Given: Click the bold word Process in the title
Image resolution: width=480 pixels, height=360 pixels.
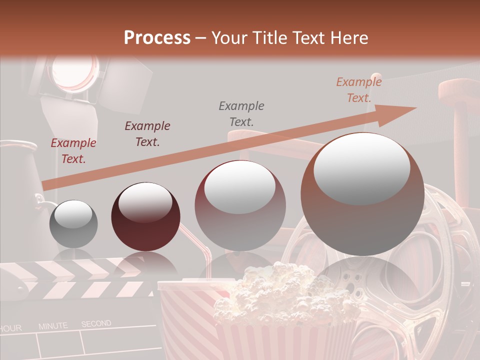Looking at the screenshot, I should pos(157,37).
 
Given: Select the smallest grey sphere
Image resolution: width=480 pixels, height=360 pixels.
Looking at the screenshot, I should pos(73,224).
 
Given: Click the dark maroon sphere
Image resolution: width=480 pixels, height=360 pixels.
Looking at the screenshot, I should pos(142,216).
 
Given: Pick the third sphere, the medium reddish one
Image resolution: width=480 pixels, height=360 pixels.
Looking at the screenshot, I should pos(240,205).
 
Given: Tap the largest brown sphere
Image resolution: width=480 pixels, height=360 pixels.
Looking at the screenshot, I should pos(362,194).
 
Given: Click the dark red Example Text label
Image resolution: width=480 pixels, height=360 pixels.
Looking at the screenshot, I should pos(73,151).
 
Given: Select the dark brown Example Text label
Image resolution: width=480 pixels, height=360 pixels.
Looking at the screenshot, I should pos(147,133).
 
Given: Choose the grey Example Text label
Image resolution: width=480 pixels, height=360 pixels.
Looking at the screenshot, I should pos(241,113).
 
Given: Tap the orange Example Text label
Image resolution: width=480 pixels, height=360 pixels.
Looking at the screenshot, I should pos(359,90).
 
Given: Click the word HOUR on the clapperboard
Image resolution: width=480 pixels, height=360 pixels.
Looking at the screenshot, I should pos(11,328).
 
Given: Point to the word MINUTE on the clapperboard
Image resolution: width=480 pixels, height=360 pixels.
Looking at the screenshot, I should pos(53,326).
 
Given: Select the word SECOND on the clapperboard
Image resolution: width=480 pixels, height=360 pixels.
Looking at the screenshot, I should pos(96,324).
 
